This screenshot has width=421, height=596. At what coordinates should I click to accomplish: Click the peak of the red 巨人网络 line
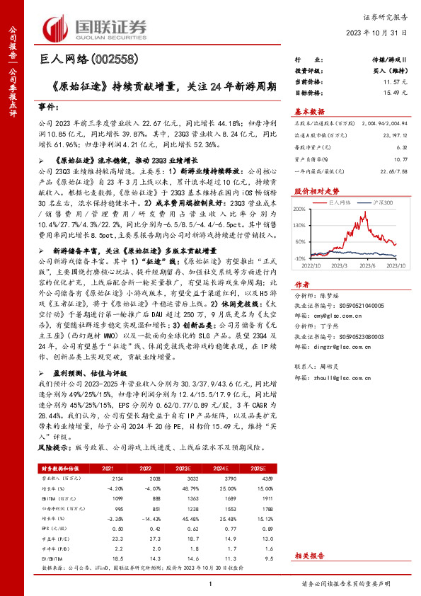pos(347,214)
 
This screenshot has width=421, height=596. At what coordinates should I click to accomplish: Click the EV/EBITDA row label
pos(52,557)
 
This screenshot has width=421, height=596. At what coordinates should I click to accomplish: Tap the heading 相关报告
pos(308,557)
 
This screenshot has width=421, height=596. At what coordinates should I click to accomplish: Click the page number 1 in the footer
pos(211,583)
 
